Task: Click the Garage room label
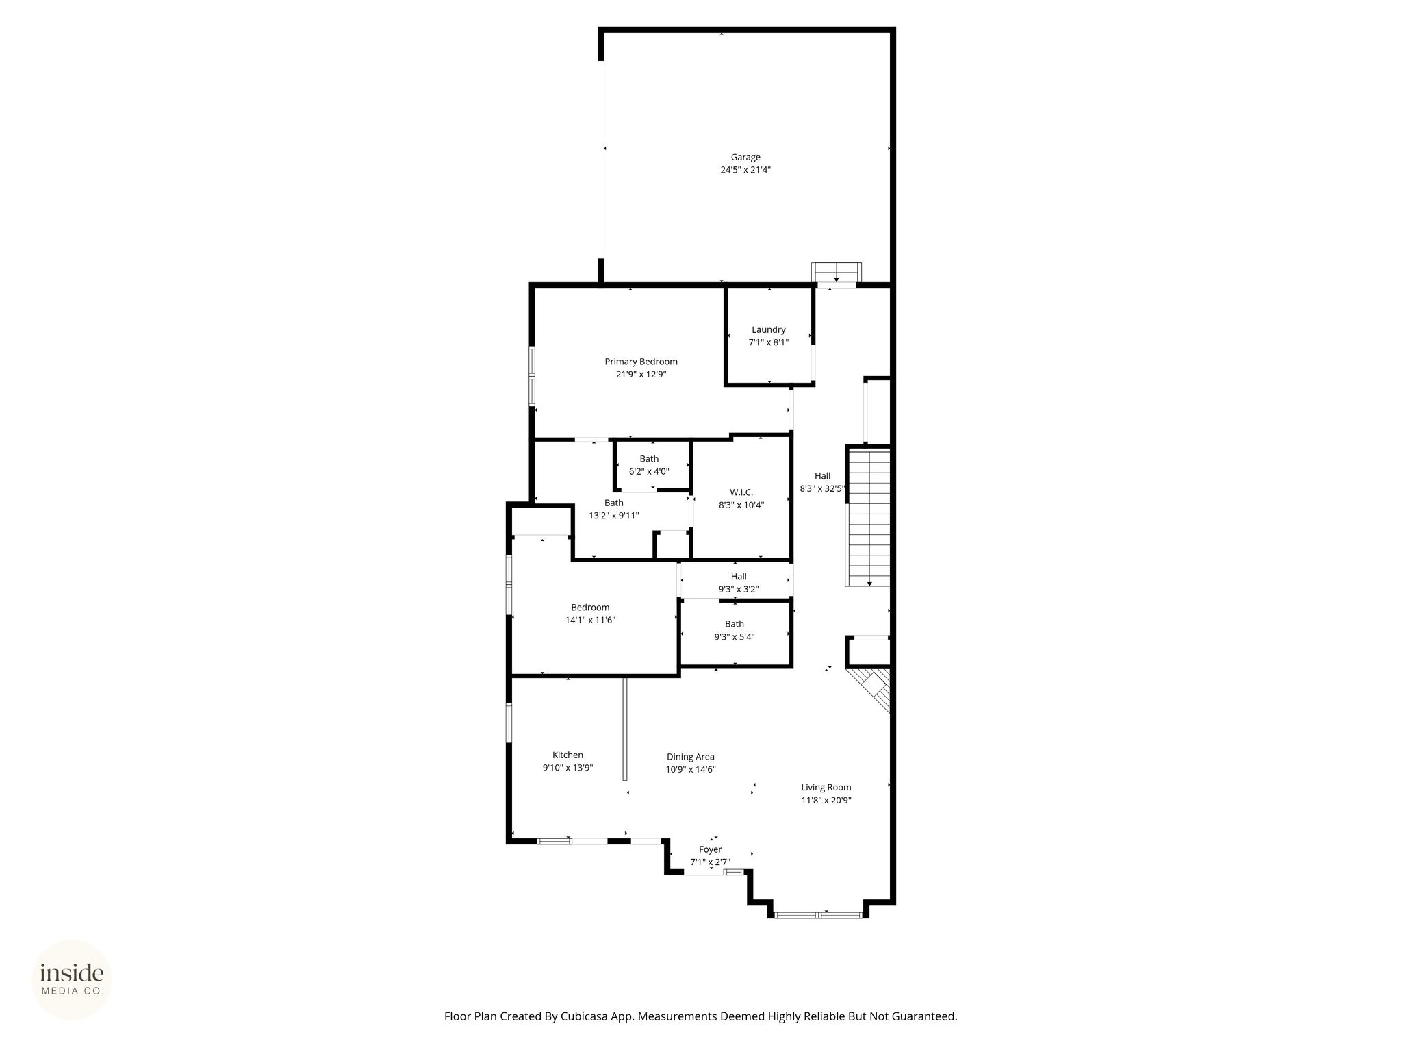tap(745, 158)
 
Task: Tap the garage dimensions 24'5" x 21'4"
tap(745, 170)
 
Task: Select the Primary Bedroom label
tap(641, 362)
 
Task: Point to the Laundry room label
tap(768, 329)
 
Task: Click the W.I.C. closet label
tap(741, 492)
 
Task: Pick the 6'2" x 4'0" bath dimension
tap(649, 471)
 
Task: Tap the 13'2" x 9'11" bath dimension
tap(614, 516)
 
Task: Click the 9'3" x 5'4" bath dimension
tap(734, 637)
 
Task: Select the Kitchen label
tap(568, 755)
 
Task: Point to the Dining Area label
tap(691, 757)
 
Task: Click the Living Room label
tap(826, 788)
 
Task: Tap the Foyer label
tap(710, 850)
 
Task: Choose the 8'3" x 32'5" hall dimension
tap(823, 489)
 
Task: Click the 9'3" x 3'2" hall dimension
tap(738, 589)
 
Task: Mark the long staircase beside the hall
tap(869, 517)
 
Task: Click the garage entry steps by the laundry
tap(837, 273)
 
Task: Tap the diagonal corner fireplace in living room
tap(870, 689)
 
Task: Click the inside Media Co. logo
tap(72, 980)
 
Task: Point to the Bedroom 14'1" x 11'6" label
tap(590, 614)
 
